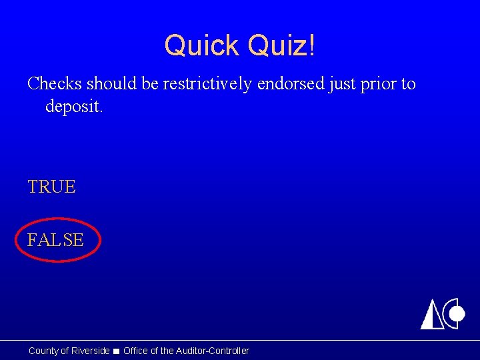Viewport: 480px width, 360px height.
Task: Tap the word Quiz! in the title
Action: pos(281,46)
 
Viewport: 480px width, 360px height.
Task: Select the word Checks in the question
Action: pos(55,84)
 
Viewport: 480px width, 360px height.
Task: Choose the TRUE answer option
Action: pos(51,187)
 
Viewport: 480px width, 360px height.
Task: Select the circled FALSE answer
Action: pos(55,240)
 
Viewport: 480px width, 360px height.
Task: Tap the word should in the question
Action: pos(114,84)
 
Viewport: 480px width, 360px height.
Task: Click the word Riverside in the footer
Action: pos(90,351)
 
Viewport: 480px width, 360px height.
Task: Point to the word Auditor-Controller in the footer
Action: pos(213,351)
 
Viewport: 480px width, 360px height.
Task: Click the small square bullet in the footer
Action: pos(117,351)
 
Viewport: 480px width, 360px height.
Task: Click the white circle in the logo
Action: pos(457,313)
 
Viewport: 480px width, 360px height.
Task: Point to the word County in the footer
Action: pos(43,351)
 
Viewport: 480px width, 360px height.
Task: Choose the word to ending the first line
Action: pos(408,84)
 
